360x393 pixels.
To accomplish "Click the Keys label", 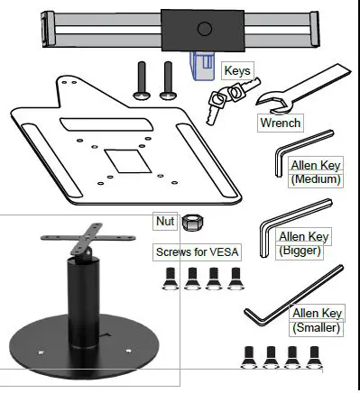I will click(x=237, y=69).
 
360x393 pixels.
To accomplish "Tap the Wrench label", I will click(x=280, y=122).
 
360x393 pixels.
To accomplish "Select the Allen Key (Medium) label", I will click(x=316, y=172).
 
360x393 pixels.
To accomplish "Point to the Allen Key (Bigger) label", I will click(x=304, y=242).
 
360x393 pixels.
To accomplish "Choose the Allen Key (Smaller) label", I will click(x=316, y=320).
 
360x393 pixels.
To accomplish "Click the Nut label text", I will click(x=165, y=221).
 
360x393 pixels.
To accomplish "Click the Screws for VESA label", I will click(x=198, y=251).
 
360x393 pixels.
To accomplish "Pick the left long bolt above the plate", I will click(x=141, y=81).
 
